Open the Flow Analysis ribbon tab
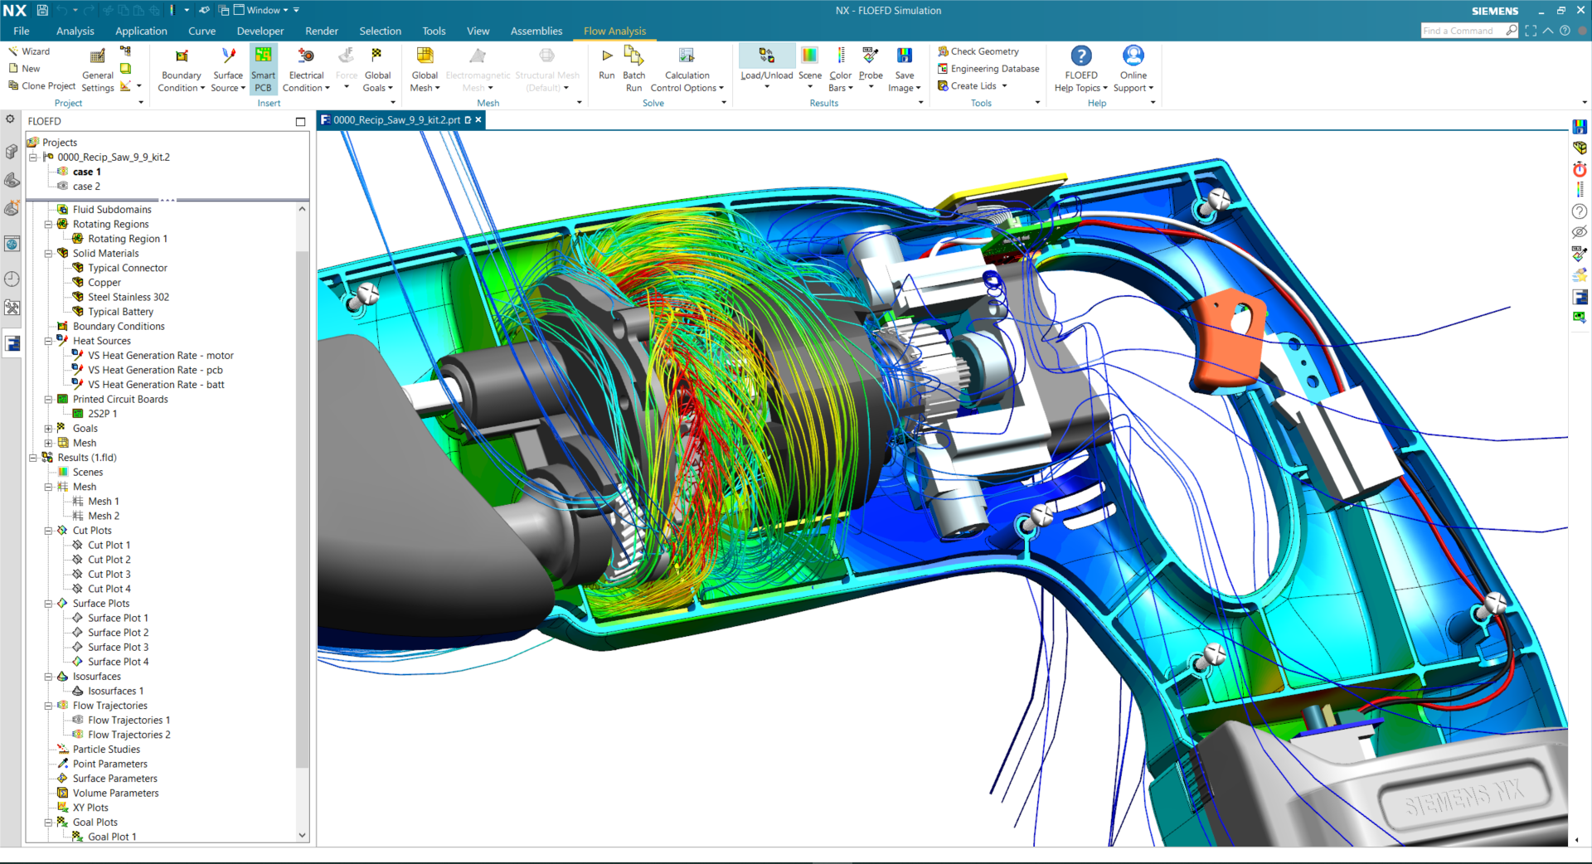coord(614,31)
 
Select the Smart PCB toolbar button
coord(263,67)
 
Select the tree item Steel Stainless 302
coord(129,297)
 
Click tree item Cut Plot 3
coord(109,574)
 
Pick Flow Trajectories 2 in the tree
coord(129,735)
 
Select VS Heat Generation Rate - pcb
coord(155,370)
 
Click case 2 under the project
coord(86,187)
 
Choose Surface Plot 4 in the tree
coord(119,662)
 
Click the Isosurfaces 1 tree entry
coord(116,691)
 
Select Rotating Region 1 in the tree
coord(128,239)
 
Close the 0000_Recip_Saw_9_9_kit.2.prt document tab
coord(478,120)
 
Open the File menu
coord(22,31)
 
